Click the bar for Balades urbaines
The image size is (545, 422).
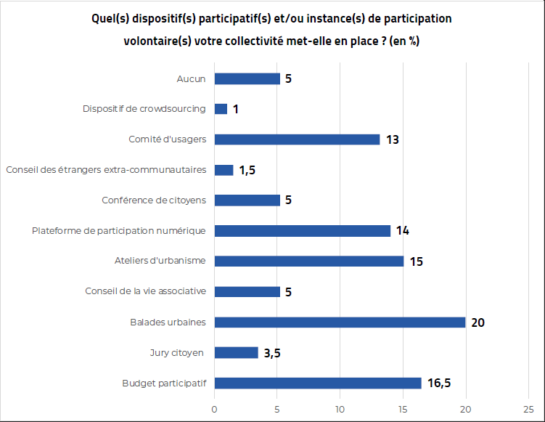click(x=340, y=322)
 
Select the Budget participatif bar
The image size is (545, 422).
click(x=318, y=384)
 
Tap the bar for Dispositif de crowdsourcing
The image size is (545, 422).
click(x=221, y=109)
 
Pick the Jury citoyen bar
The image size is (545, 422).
click(x=236, y=353)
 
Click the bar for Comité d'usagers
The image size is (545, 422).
click(x=297, y=139)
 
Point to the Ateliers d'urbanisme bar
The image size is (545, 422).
click(x=308, y=261)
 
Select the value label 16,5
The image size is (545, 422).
click(x=440, y=384)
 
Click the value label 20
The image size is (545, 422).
click(x=478, y=322)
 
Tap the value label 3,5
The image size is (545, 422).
click(x=272, y=353)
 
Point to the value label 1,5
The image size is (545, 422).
click(x=247, y=170)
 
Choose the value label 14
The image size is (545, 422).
click(x=403, y=231)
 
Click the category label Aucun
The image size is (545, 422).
click(x=192, y=78)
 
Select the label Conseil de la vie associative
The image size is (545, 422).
click(x=145, y=291)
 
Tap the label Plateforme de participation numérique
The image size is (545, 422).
click(x=119, y=230)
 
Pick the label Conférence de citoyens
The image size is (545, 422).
click(x=154, y=200)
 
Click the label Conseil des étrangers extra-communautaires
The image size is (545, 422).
click(x=106, y=169)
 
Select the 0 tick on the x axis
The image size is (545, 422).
click(x=214, y=409)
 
